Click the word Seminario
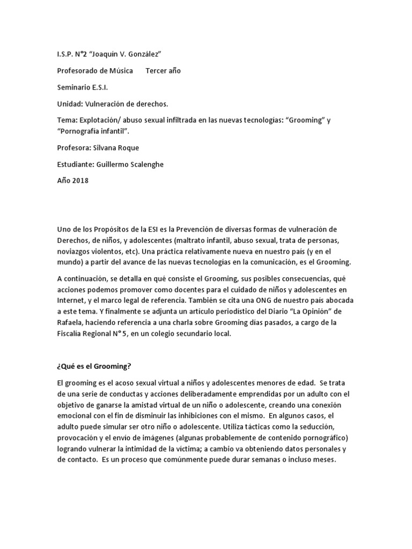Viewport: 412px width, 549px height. click(x=75, y=87)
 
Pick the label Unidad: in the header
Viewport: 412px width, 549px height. click(x=70, y=104)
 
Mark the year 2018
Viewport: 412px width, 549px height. click(x=79, y=181)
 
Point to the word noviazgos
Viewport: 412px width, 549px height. click(x=76, y=251)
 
